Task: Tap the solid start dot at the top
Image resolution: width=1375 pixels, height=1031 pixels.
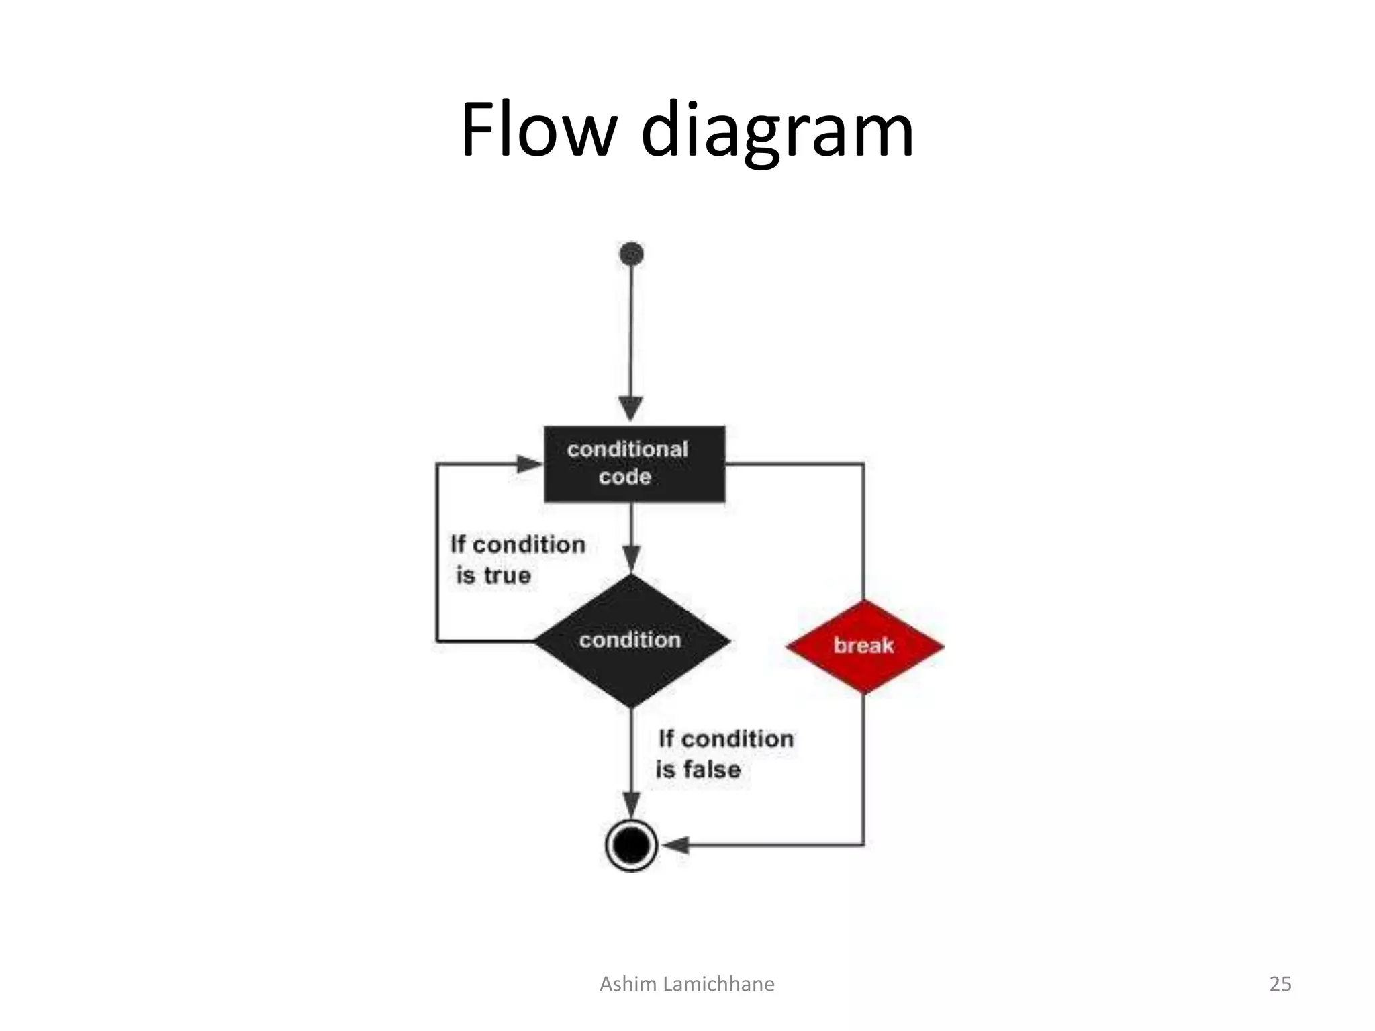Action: click(632, 254)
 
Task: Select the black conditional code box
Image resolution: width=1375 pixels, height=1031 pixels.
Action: click(634, 463)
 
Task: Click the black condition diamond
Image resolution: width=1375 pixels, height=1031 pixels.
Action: click(631, 640)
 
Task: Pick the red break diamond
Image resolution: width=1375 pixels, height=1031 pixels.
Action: click(864, 646)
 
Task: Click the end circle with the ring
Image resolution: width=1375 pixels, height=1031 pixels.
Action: click(631, 844)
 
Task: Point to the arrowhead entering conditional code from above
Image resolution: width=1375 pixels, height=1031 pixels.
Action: click(630, 409)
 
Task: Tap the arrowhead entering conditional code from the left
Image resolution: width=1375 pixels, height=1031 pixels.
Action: click(528, 463)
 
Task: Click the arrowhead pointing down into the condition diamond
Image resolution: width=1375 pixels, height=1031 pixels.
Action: click(631, 558)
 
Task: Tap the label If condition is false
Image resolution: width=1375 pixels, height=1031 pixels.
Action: click(724, 754)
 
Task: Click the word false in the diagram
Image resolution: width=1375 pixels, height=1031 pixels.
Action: click(712, 769)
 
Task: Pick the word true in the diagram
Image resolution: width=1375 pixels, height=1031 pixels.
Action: click(507, 575)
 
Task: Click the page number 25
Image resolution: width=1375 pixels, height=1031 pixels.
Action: click(1280, 984)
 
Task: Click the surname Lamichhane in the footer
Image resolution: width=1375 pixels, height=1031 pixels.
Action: click(718, 984)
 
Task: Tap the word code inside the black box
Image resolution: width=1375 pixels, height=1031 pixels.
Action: click(624, 477)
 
